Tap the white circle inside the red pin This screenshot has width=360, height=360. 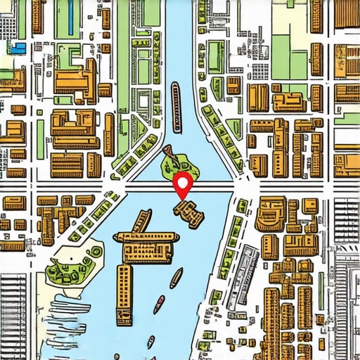[184, 182]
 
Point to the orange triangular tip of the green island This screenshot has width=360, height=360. [167, 150]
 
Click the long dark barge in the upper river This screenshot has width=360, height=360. [176, 105]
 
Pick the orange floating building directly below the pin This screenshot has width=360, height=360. [189, 211]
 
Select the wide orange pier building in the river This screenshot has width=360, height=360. [148, 249]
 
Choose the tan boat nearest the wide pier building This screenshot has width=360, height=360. [176, 278]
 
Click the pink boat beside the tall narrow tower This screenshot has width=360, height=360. [160, 304]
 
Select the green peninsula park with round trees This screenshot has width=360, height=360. [70, 264]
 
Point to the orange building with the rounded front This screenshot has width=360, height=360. [270, 215]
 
